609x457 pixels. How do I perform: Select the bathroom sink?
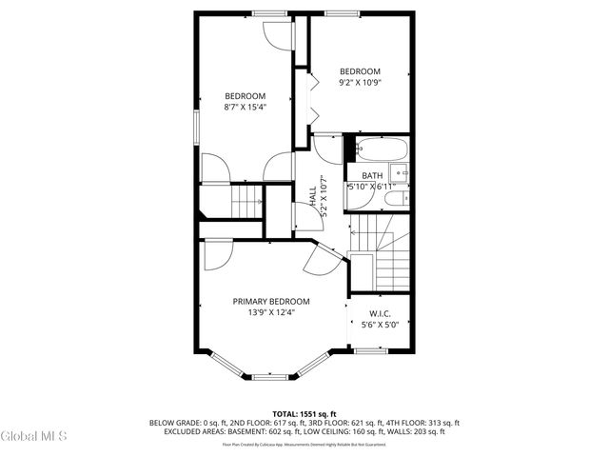coord(401,173)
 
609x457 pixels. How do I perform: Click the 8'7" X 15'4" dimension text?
coord(245,108)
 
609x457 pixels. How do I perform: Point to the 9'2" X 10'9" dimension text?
coord(361,83)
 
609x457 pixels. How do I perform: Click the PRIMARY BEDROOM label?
coord(271,301)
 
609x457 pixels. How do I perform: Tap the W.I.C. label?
coord(380,313)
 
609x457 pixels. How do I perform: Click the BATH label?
coord(371,176)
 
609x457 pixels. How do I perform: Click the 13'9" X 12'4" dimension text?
coord(271,312)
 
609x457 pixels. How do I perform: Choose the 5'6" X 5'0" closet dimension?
coord(380,325)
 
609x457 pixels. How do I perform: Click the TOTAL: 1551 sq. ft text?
coord(304,413)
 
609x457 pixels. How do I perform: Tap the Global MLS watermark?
coord(34,437)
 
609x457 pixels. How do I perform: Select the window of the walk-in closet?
coord(369,351)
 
